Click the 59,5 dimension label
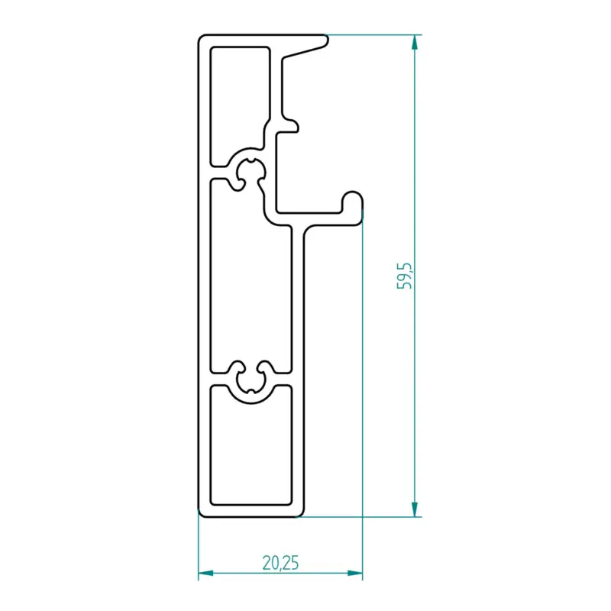point(405,276)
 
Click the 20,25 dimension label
point(280,563)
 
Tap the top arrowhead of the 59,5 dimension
point(415,42)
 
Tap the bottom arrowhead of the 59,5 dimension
point(415,509)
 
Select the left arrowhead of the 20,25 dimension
point(205,574)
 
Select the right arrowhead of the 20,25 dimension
point(355,574)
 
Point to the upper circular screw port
point(251,171)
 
